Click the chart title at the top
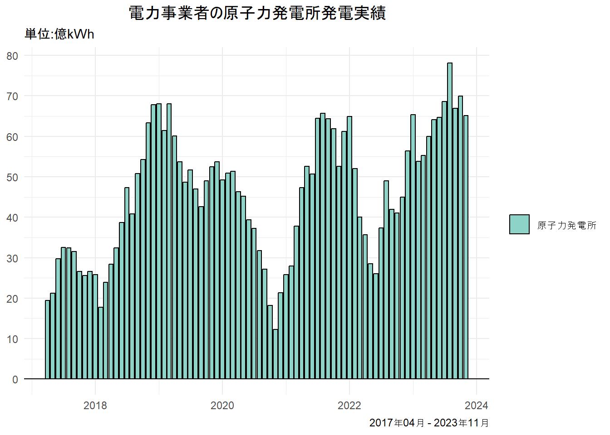click(x=257, y=13)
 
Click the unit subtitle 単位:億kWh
click(x=59, y=34)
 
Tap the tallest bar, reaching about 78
click(x=450, y=221)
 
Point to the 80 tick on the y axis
click(x=12, y=56)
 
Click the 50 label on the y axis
click(x=12, y=177)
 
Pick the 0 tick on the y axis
click(x=15, y=379)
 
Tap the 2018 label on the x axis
click(x=95, y=406)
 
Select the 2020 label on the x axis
click(x=222, y=406)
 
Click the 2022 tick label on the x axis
click(x=349, y=406)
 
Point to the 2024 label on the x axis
click(x=476, y=406)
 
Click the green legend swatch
click(x=519, y=224)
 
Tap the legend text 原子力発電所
click(x=567, y=225)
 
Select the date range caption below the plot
click(x=429, y=423)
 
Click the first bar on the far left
click(x=47, y=339)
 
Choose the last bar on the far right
click(x=466, y=247)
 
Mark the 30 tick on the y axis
click(x=12, y=258)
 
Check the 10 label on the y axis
click(x=12, y=339)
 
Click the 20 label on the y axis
click(x=12, y=299)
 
